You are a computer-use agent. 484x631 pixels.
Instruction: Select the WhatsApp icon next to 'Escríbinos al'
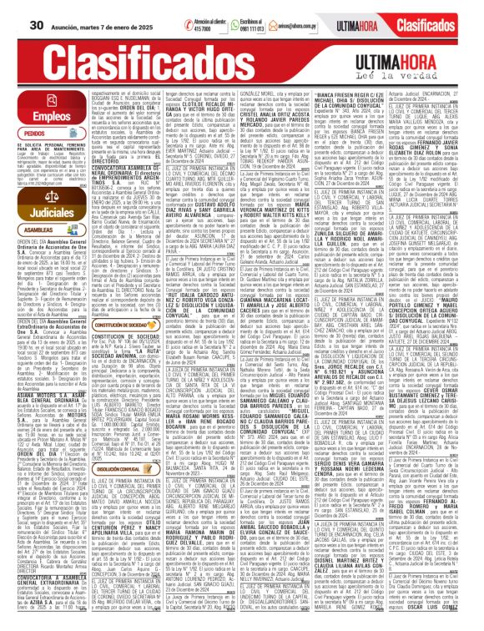[225, 24]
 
